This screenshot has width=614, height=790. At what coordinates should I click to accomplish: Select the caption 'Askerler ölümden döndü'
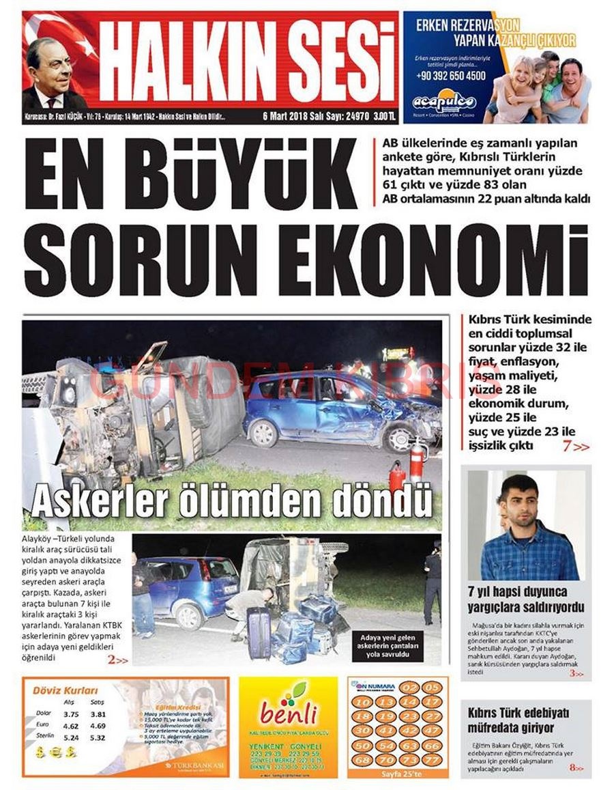(x=232, y=502)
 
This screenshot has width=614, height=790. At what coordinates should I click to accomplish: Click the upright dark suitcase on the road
(x=259, y=633)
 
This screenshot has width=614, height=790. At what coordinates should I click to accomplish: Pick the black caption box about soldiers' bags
(x=398, y=647)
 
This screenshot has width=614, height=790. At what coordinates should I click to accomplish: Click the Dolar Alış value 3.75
(x=71, y=714)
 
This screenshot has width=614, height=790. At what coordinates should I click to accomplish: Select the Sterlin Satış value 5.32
(x=98, y=737)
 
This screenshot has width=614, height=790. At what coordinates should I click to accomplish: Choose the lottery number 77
(x=430, y=759)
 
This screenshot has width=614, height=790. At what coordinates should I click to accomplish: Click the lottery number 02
(x=410, y=688)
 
